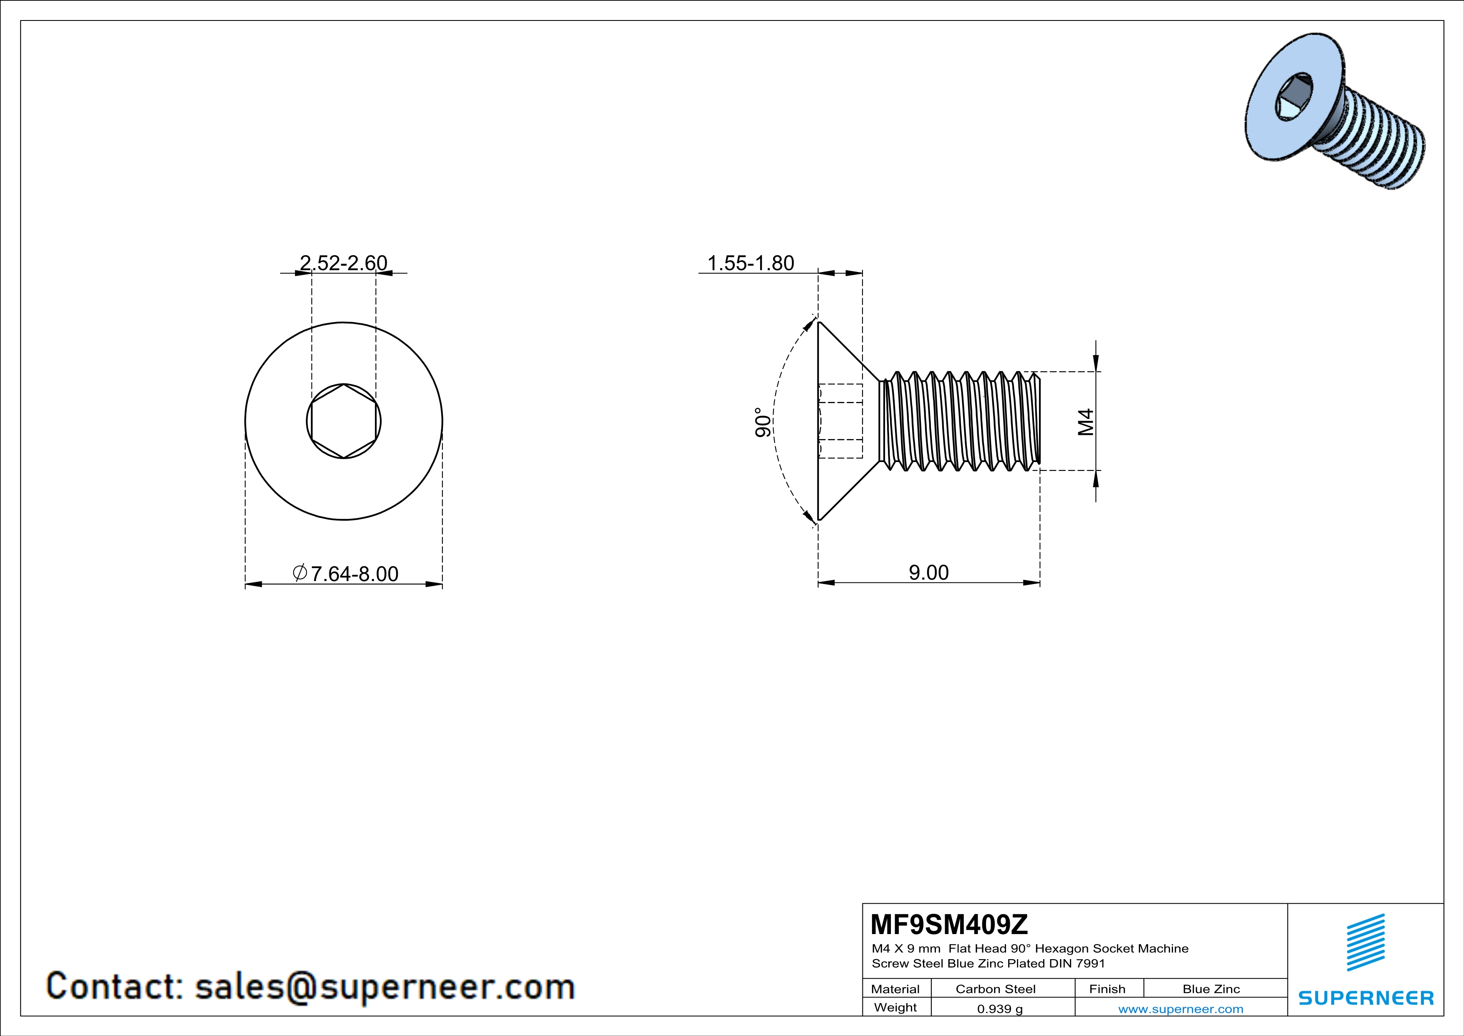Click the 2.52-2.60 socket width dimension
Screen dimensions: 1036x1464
coord(343,263)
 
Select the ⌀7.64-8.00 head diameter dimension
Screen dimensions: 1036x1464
coord(346,574)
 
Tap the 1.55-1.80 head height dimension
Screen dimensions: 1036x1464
coord(751,263)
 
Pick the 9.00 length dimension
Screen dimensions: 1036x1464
coord(928,572)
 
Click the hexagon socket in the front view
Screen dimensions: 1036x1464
coord(344,421)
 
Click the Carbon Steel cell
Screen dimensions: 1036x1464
coord(995,989)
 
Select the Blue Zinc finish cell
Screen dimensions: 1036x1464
coord(1211,989)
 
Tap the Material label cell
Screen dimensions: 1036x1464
coord(895,989)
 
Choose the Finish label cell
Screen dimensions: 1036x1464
coord(1107,989)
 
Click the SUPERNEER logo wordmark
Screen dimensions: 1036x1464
coord(1366,998)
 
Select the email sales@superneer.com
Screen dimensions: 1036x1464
coord(384,986)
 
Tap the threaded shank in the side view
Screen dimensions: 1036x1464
coord(960,422)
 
